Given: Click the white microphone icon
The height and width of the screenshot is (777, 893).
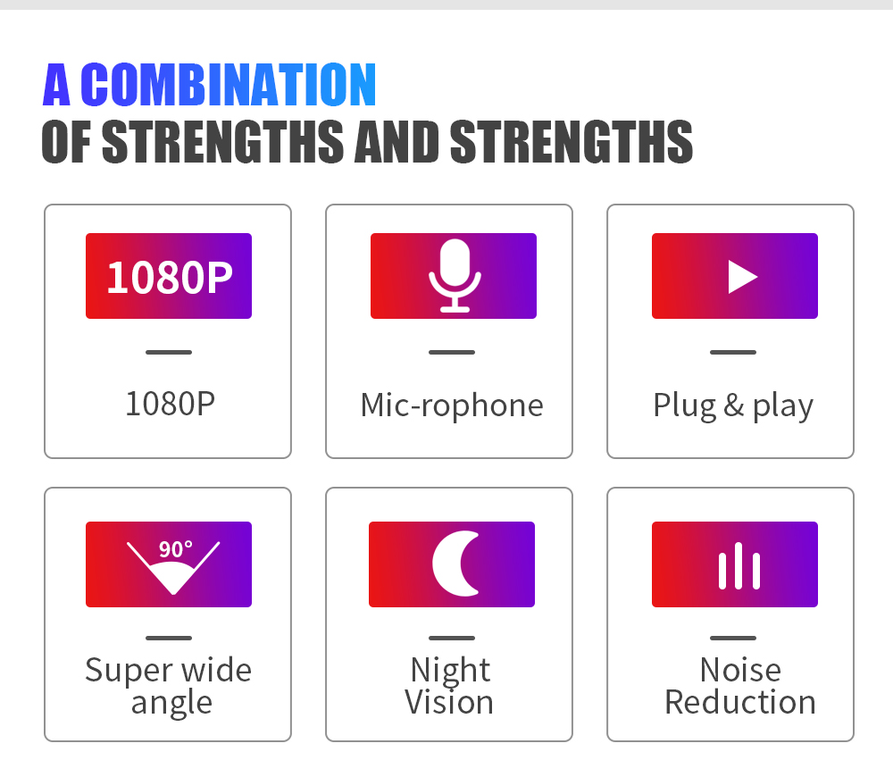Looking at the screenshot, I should coord(454,275).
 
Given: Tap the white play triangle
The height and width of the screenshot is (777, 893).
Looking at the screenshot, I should coord(741,277).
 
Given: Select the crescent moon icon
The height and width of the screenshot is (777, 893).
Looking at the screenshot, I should coord(455,564).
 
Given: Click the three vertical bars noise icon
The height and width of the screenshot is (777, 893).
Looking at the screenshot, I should coord(739,566).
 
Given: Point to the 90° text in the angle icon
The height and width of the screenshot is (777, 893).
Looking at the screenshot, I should coord(175,549).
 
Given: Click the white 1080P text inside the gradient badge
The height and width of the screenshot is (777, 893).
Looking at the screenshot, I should coord(169,277).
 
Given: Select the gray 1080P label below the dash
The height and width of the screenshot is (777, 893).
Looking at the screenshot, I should coord(170,404).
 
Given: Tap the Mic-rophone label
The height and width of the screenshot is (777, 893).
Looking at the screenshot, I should coord(451,405).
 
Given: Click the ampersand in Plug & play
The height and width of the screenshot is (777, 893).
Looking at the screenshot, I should coord(733,405).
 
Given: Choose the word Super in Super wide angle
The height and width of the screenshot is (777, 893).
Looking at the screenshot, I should coord(126,671).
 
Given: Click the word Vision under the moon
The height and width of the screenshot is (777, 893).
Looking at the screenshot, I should coord(449,702).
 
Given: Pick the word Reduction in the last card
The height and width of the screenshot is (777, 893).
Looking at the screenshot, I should coord(740,702).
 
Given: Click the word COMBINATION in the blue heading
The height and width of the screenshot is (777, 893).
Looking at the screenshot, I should coord(229,85).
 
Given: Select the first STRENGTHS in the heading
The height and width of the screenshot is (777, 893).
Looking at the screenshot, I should coord(222,141).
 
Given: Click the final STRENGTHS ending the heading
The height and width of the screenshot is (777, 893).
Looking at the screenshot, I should coord(571,141).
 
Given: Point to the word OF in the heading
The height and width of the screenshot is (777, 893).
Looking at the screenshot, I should coord(68,141).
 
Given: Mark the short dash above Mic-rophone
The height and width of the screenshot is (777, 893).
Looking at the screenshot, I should coord(451,352).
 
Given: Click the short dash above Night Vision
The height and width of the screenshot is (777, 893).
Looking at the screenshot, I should coord(451,638).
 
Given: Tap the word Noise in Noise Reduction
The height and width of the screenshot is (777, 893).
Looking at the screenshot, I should coord(740,670).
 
